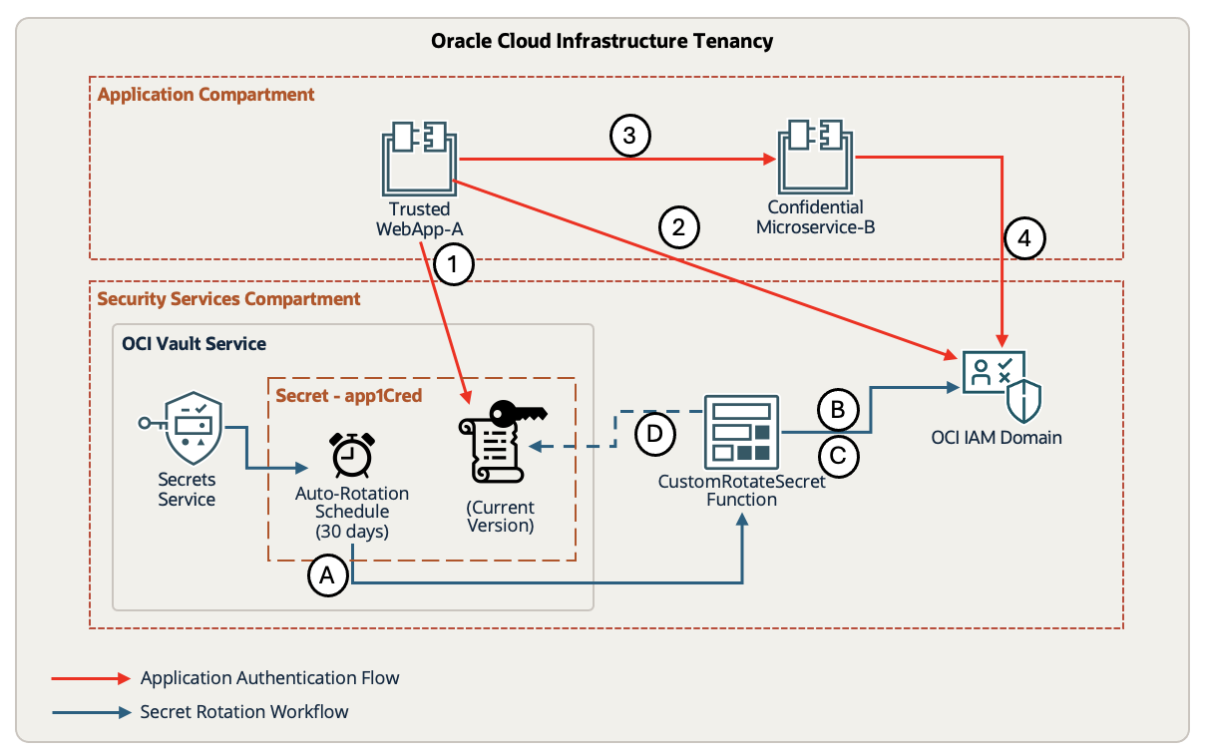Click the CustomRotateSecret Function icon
pyautogui.click(x=741, y=432)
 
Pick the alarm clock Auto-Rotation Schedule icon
pyautogui.click(x=351, y=456)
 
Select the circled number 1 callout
pyautogui.click(x=455, y=264)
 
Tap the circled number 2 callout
pyautogui.click(x=679, y=227)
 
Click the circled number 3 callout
pyautogui.click(x=629, y=137)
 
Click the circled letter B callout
pyautogui.click(x=838, y=410)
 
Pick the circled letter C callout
pyautogui.click(x=838, y=457)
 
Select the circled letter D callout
pyautogui.click(x=654, y=434)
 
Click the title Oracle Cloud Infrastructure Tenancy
pyautogui.click(x=602, y=41)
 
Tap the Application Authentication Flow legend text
pyautogui.click(x=269, y=678)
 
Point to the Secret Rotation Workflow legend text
pyautogui.click(x=244, y=712)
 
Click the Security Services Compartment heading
pyautogui.click(x=228, y=299)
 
